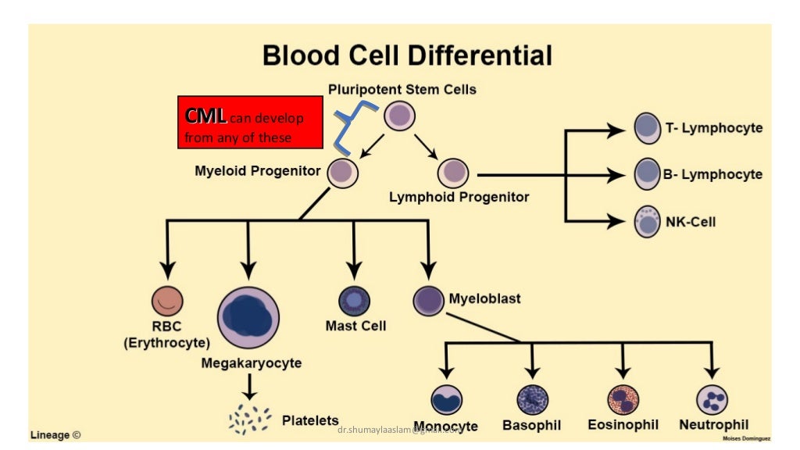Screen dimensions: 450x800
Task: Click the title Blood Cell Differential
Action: click(x=407, y=55)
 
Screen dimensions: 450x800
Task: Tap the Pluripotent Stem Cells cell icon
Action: click(x=399, y=116)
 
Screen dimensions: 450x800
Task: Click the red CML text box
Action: click(x=250, y=122)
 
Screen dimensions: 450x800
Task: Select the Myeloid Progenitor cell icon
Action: click(x=342, y=172)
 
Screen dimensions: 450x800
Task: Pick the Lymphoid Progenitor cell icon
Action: click(x=452, y=173)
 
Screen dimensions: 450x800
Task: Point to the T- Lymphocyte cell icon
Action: click(x=647, y=128)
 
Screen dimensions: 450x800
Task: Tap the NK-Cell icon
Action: click(x=647, y=222)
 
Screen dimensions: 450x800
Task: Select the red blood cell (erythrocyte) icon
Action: click(x=167, y=301)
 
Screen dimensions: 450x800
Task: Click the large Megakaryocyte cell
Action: click(x=248, y=317)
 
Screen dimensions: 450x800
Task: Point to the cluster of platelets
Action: click(x=250, y=420)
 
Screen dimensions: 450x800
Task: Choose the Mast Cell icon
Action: click(x=354, y=300)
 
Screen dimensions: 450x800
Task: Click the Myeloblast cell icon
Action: click(x=428, y=300)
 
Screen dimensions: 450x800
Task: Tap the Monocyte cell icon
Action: click(x=446, y=400)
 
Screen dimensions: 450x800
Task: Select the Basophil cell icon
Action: click(x=532, y=400)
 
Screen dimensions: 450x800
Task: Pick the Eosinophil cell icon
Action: click(x=623, y=400)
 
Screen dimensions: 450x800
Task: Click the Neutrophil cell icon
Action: click(x=712, y=400)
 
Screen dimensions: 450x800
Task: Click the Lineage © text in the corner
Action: click(x=55, y=434)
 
